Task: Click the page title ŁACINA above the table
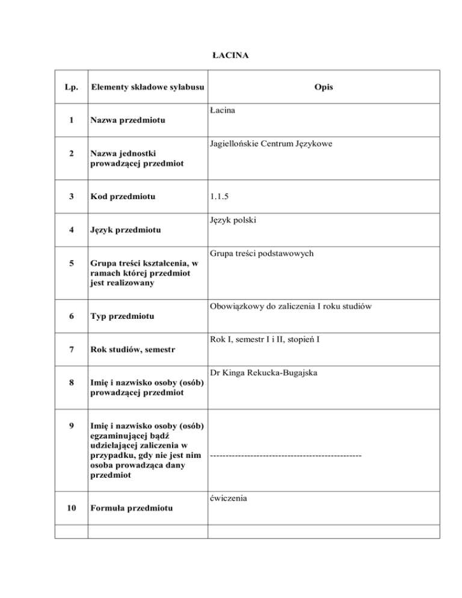tap(231, 56)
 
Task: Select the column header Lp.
tap(70, 88)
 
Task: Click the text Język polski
tap(235, 220)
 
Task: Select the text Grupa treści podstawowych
tap(262, 254)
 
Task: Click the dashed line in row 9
tap(286, 455)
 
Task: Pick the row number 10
tap(71, 509)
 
